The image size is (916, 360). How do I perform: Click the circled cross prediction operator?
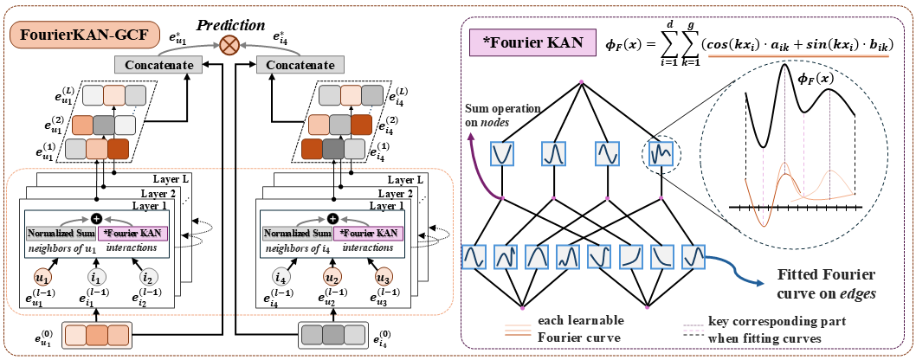coord(229,44)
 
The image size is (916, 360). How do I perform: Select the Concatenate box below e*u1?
coord(158,65)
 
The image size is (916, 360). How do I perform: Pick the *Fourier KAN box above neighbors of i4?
coord(369,234)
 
